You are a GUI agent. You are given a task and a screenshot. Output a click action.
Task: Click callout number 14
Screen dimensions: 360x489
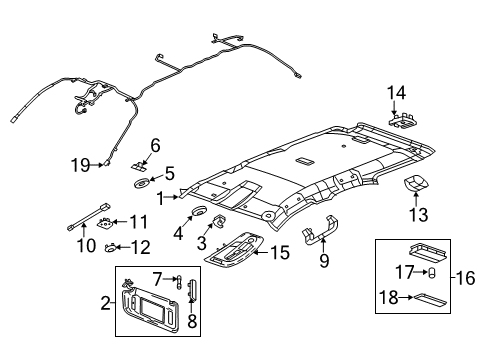[x=397, y=93]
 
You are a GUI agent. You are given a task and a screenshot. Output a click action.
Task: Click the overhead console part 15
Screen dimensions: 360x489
[x=237, y=251]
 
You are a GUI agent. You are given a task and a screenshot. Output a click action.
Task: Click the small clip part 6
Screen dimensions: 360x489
[x=141, y=163]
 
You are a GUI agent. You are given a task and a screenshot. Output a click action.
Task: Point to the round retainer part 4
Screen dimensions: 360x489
[x=198, y=213]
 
